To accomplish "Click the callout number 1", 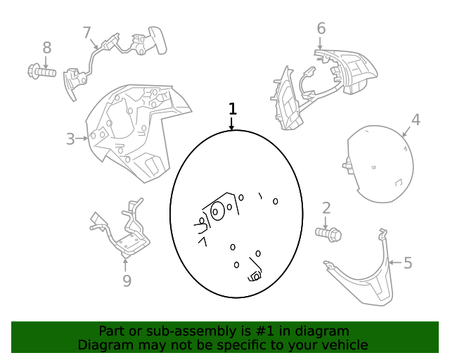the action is point(233,109).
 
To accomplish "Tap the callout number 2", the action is point(326,208).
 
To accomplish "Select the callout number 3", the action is point(70,139).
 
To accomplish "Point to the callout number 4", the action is point(416,120).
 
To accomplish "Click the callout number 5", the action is point(408,263).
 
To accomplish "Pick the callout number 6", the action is point(321,28).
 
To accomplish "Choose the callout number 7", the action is point(86,32).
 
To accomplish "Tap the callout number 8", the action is point(47,48).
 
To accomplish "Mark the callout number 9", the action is point(127,281).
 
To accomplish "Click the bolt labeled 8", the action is point(41,72).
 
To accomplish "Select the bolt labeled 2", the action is point(328,234).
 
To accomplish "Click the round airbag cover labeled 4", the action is point(378,165).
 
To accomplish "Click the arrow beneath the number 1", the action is point(231,124).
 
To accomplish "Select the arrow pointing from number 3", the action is point(82,139).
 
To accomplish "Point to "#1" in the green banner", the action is point(264,331).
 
